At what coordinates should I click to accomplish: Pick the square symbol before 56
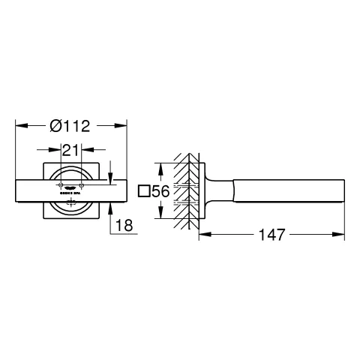click(x=145, y=193)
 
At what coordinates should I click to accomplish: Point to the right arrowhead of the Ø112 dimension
click(x=124, y=125)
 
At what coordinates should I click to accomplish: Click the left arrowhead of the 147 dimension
click(x=202, y=235)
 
